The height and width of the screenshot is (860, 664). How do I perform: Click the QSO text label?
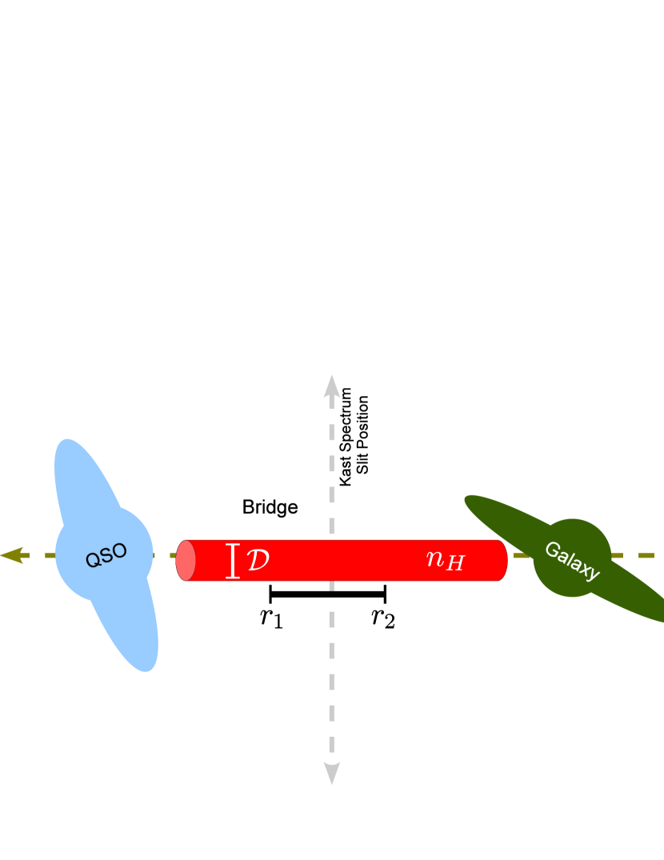tap(106, 555)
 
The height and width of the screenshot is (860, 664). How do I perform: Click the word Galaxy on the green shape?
tap(571, 560)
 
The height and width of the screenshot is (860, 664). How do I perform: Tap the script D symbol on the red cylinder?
tap(258, 560)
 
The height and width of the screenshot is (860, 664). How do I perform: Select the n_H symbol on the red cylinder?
tap(445, 559)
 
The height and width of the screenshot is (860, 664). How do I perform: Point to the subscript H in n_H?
tap(454, 564)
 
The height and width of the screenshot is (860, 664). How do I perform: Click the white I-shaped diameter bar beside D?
tap(233, 560)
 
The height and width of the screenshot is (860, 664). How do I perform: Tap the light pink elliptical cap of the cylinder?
tap(186, 560)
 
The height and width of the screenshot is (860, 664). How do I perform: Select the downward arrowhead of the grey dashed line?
tap(332, 773)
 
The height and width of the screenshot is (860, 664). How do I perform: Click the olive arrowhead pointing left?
tap(11, 555)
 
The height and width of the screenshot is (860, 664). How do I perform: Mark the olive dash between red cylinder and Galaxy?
tap(522, 555)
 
